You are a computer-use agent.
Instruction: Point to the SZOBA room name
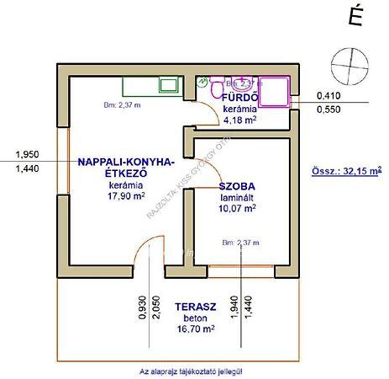click(237, 186)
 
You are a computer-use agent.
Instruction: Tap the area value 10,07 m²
click(237, 210)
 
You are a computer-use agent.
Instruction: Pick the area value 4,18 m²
click(239, 120)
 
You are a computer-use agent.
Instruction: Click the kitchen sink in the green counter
click(165, 84)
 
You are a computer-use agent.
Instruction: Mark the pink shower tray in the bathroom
click(275, 90)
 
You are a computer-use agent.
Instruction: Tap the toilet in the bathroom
click(217, 89)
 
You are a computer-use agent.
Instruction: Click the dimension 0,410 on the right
click(328, 95)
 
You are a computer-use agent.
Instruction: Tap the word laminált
click(237, 198)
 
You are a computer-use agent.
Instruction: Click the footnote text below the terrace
click(194, 370)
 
